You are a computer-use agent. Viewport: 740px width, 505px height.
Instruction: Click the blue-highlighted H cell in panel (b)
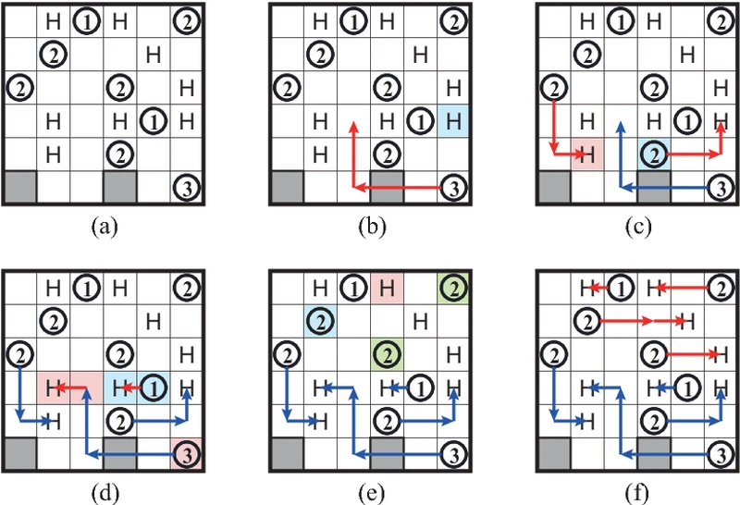coord(453,119)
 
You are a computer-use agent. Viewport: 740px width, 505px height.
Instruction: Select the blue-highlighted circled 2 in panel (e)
coord(320,322)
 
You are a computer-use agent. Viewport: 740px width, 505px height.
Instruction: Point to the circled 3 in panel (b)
coord(453,188)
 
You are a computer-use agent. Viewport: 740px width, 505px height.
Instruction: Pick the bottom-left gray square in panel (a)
coord(20,188)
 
